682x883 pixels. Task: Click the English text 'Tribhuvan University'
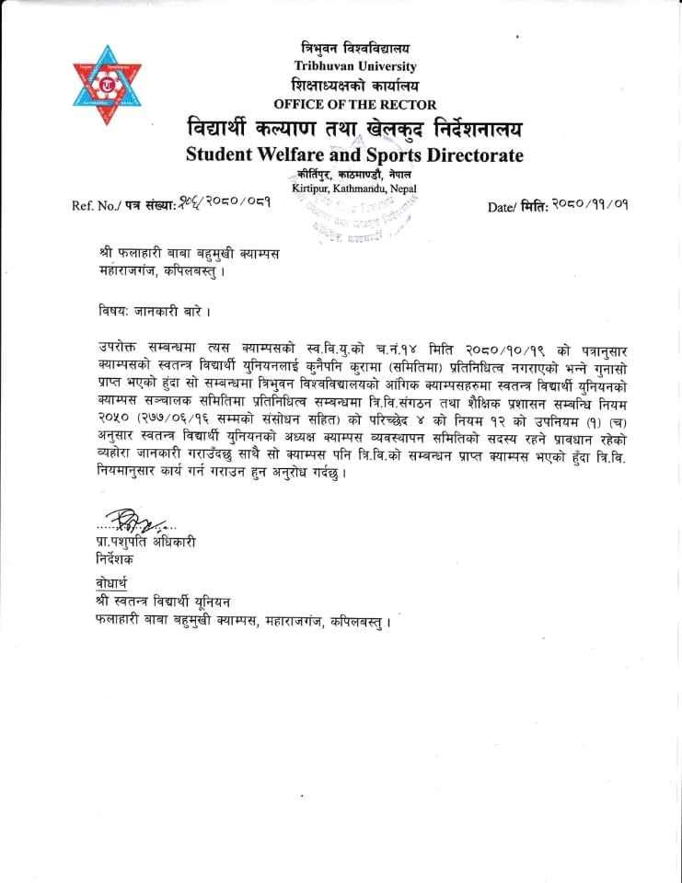click(x=355, y=66)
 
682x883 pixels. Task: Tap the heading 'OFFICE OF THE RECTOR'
click(x=355, y=104)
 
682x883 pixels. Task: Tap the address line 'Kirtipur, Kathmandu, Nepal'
click(x=354, y=189)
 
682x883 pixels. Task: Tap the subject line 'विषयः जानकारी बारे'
click(x=144, y=311)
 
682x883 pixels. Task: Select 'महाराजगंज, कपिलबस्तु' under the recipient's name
click(x=159, y=271)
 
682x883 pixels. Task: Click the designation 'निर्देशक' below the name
click(x=114, y=558)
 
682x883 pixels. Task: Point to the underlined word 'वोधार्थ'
click(x=114, y=583)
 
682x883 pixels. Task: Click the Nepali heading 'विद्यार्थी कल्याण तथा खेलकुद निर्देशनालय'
click(x=354, y=128)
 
